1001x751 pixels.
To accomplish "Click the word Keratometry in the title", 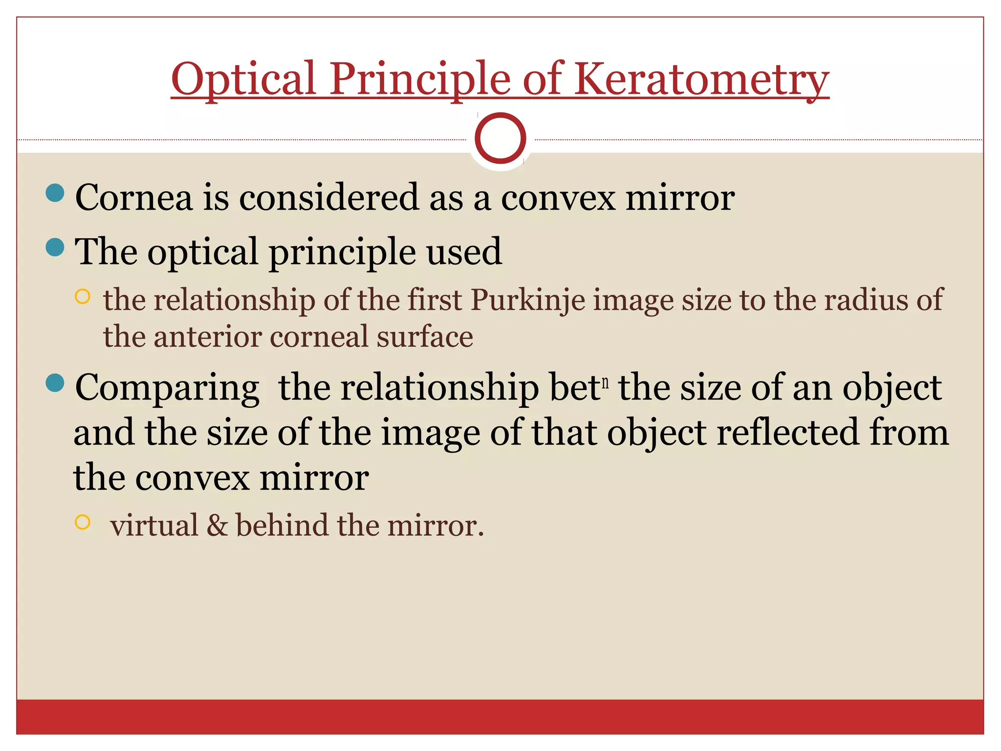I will [x=701, y=79].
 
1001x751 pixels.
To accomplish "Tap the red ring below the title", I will [x=500, y=138].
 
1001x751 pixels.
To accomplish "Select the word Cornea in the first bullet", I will [x=134, y=198].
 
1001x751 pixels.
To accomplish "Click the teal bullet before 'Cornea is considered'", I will [x=55, y=193].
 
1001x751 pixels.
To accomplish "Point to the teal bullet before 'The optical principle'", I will [x=55, y=247].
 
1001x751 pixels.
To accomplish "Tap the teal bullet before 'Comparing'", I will [x=55, y=383].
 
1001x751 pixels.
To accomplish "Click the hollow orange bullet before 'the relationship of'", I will [x=83, y=297].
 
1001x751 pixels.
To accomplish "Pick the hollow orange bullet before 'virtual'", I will [x=83, y=522].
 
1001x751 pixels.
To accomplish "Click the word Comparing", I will [x=167, y=388].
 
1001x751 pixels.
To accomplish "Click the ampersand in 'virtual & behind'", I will [x=217, y=526].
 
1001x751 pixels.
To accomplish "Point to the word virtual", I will [x=154, y=526].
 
